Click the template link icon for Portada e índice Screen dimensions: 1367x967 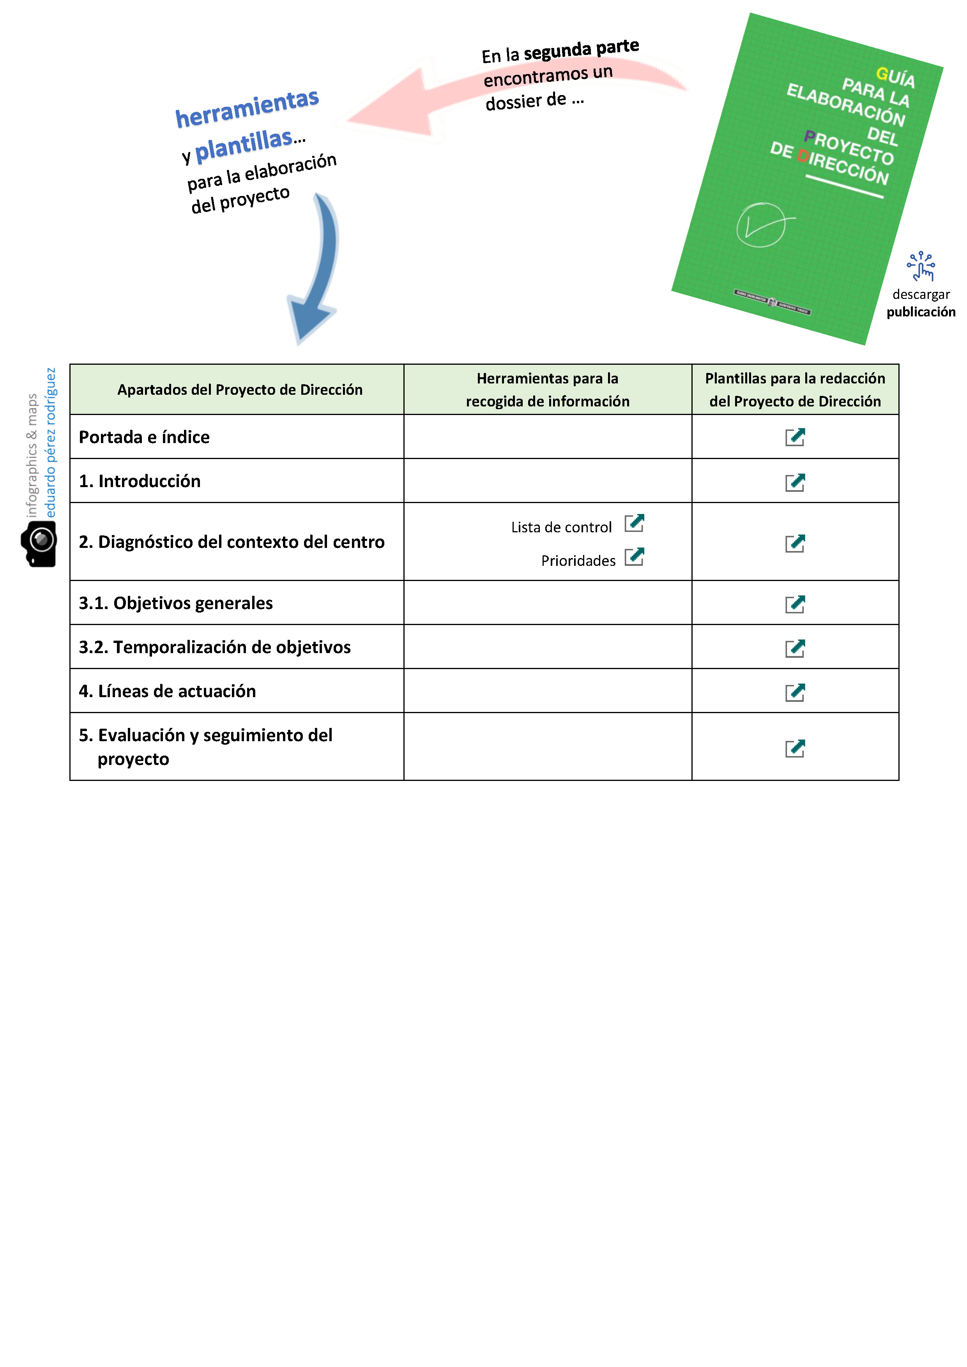click(x=794, y=437)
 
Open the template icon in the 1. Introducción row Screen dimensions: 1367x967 click(x=794, y=482)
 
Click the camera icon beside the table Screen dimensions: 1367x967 click(x=39, y=543)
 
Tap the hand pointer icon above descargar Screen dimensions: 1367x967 click(x=921, y=266)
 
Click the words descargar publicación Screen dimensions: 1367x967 click(x=921, y=303)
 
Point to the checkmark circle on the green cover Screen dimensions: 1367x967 click(x=761, y=224)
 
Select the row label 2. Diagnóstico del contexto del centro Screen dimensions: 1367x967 click(x=232, y=542)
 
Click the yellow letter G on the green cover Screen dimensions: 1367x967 click(x=882, y=74)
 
